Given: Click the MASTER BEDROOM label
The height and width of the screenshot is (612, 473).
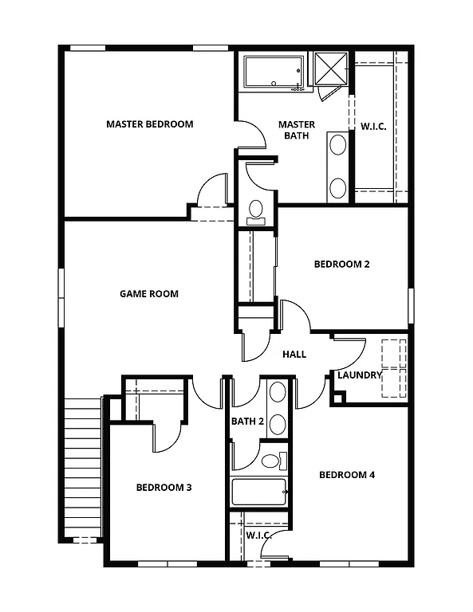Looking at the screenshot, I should point(150,124).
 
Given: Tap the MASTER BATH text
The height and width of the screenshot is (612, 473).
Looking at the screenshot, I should point(296,130).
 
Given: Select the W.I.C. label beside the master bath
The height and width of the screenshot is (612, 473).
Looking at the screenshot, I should point(373,126).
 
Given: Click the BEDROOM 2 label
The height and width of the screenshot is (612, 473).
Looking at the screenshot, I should point(341,265).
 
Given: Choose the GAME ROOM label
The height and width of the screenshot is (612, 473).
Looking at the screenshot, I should point(149,294).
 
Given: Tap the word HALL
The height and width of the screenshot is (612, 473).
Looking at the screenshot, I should point(294,355).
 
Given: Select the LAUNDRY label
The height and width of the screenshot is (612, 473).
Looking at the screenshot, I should point(360,375).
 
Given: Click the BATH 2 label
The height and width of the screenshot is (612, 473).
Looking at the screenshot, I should point(247,421).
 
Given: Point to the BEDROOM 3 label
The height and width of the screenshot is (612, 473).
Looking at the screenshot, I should point(164,488).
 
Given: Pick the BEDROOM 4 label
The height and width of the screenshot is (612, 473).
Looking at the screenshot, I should point(347,476).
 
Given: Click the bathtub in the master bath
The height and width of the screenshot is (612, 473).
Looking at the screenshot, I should point(274,73).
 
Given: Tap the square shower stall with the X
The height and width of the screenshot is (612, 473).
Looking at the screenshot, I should point(329,69).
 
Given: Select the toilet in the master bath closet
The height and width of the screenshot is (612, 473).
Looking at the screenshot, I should point(256,210).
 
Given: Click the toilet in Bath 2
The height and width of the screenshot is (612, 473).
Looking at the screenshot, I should point(271,461).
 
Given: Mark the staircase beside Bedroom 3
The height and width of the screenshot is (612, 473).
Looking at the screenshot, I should point(82,466).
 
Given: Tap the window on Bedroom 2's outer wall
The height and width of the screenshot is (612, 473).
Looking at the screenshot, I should point(412,306).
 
